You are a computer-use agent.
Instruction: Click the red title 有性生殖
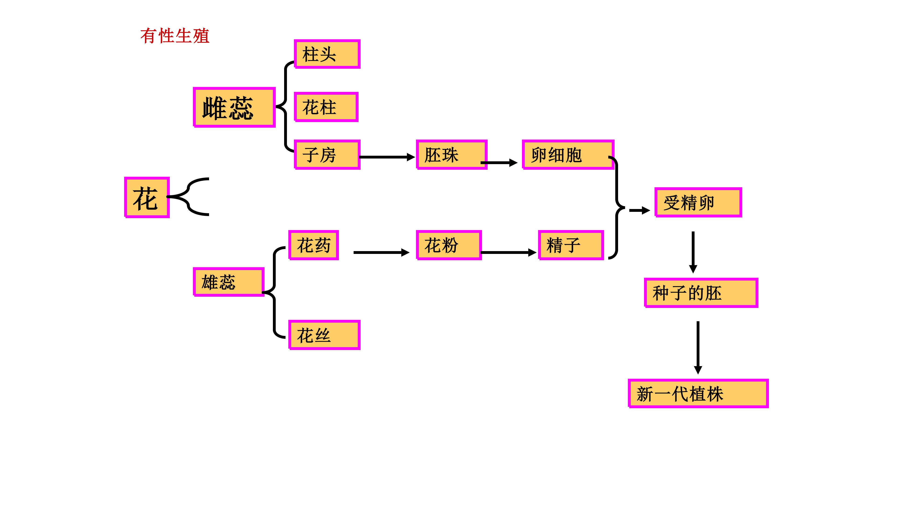[175, 36]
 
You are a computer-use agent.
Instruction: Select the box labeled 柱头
[327, 54]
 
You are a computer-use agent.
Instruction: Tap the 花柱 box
[326, 107]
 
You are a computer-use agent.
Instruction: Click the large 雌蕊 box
[234, 107]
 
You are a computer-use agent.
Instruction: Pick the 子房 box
[327, 155]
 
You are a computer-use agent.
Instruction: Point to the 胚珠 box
[451, 155]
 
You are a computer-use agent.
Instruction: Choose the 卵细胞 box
[568, 155]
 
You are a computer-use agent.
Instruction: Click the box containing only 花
[147, 198]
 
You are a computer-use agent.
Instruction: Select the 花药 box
[313, 245]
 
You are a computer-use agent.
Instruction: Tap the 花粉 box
[449, 245]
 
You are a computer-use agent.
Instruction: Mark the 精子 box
[571, 245]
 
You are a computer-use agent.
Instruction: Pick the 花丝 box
[324, 335]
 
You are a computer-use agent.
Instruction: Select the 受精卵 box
[698, 202]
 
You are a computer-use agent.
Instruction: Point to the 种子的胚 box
[701, 293]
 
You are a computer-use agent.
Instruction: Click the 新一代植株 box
[698, 393]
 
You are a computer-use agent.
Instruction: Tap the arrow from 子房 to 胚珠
[387, 157]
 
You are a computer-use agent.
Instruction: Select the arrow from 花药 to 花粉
[381, 252]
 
